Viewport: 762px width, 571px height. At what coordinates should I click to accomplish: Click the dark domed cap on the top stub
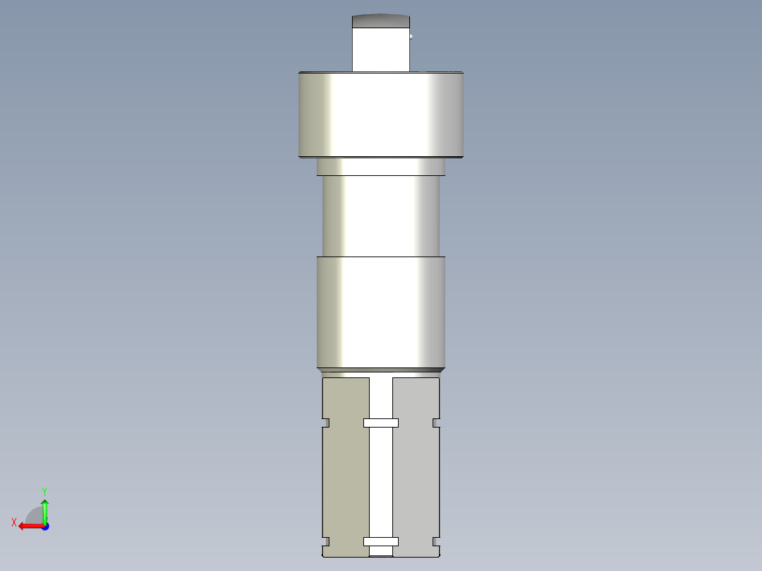(x=380, y=21)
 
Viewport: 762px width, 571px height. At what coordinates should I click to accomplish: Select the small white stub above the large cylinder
(x=380, y=49)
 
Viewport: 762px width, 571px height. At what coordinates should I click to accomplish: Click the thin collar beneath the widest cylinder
(x=380, y=166)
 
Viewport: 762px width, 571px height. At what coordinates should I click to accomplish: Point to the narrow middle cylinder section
(x=380, y=215)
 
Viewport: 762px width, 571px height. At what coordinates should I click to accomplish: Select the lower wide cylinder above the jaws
(x=380, y=311)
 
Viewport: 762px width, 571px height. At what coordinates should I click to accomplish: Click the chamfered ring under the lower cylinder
(x=380, y=370)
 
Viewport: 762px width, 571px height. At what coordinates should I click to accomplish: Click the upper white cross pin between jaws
(x=380, y=423)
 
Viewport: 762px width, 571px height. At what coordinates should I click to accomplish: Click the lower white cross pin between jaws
(x=380, y=542)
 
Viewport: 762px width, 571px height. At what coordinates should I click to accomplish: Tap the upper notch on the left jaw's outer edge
(x=326, y=423)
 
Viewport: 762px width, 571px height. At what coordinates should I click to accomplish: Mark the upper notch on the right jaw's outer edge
(x=436, y=423)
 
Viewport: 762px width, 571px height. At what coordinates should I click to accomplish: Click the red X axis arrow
(x=28, y=526)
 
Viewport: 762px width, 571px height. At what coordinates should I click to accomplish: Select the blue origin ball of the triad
(x=45, y=526)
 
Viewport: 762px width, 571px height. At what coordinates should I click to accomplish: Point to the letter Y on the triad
(x=44, y=490)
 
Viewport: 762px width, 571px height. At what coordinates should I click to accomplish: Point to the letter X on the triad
(x=13, y=522)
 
